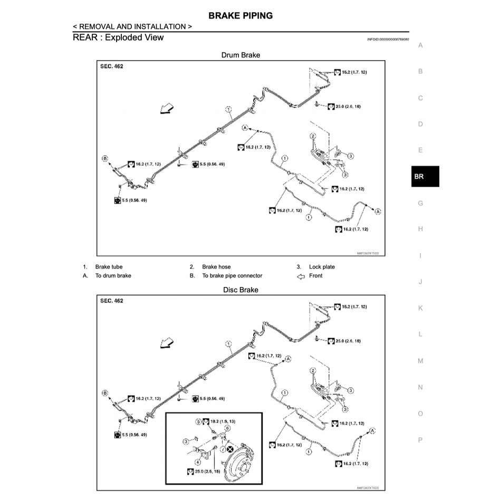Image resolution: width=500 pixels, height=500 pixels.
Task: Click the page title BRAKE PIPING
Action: (x=241, y=16)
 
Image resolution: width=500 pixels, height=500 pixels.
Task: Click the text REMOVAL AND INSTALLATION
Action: (x=132, y=26)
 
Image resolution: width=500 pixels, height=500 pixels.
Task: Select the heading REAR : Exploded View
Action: (x=118, y=37)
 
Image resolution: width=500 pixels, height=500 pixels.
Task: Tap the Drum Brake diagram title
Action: (x=241, y=55)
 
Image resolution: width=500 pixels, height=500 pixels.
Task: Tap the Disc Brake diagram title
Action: (x=241, y=290)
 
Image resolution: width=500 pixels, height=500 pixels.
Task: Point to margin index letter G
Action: (x=420, y=203)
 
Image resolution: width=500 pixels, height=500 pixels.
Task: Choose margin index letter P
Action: (x=420, y=440)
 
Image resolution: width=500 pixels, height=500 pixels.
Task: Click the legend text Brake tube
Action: (x=109, y=267)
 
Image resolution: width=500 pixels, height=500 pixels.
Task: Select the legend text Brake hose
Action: (x=216, y=267)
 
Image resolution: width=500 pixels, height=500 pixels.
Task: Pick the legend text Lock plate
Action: (x=322, y=267)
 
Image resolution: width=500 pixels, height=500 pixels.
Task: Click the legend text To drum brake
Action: (x=113, y=276)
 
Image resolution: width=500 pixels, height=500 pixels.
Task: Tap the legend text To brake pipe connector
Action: (x=232, y=276)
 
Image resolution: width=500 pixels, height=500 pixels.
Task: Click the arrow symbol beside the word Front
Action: (x=301, y=276)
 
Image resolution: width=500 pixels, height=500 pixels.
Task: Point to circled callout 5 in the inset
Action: (x=198, y=422)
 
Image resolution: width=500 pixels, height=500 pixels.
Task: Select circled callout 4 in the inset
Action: (x=198, y=462)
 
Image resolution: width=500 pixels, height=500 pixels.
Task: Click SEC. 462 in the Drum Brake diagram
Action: (x=112, y=67)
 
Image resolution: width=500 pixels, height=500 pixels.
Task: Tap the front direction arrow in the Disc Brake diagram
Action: (x=167, y=344)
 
